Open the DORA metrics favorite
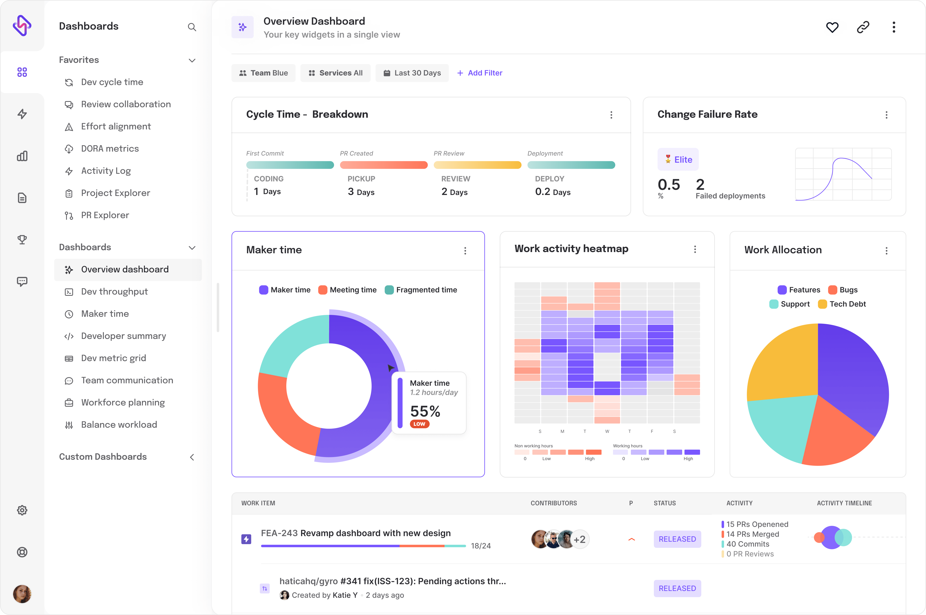[x=110, y=149]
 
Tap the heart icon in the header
[x=832, y=27]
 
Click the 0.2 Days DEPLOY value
[x=552, y=192]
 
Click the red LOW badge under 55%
[x=419, y=424]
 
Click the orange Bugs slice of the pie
[x=835, y=435]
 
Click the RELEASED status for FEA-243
[x=677, y=539]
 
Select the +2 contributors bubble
[x=580, y=539]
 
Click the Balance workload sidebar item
[x=119, y=425]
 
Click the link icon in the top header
[x=863, y=27]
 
